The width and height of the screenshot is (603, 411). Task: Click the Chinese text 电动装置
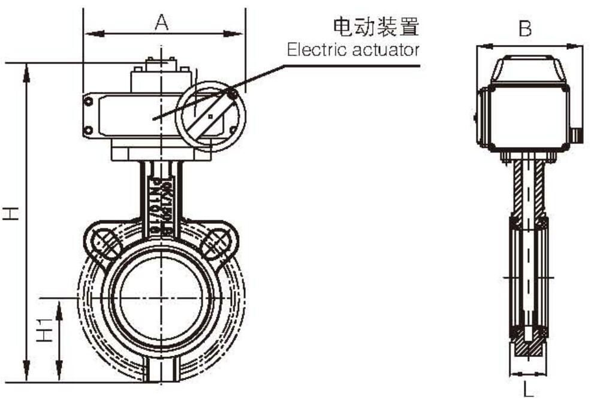pos(375,27)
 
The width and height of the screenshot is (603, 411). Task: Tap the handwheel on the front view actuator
pos(210,115)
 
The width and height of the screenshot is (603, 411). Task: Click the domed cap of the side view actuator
pos(528,69)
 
